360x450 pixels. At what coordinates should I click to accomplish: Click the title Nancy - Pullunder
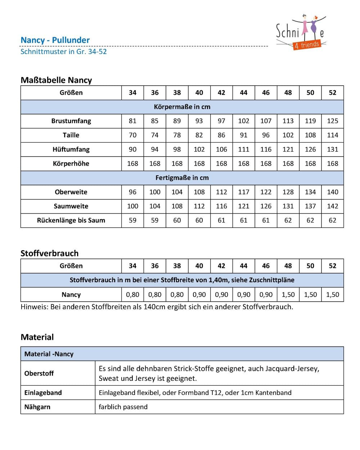tap(55, 40)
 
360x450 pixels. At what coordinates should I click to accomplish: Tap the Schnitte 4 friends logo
tap(301, 32)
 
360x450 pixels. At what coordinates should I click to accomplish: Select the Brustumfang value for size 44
tap(244, 121)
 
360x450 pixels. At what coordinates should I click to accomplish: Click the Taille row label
tap(71, 135)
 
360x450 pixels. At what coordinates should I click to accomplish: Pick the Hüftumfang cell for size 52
tap(332, 149)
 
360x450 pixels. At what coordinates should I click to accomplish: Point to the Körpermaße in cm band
tap(182, 107)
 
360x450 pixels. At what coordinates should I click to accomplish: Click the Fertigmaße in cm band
tap(182, 178)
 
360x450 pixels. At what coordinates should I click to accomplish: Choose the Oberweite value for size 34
tap(132, 192)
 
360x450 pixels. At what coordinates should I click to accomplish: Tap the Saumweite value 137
tap(310, 206)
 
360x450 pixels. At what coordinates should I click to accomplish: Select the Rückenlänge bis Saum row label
tap(71, 220)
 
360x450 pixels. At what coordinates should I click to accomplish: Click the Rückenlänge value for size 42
tap(221, 220)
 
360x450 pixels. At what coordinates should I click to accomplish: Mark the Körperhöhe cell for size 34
tap(132, 163)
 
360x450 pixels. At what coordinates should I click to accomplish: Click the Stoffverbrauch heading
tap(49, 253)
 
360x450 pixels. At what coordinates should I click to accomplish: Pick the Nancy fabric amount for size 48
tap(288, 294)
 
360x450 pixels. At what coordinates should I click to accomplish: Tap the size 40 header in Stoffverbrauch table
tap(199, 266)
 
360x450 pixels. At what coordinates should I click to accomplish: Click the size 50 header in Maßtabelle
tap(310, 93)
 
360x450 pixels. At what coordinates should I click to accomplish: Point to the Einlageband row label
tap(43, 393)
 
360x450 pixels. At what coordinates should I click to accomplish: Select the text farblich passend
tap(123, 407)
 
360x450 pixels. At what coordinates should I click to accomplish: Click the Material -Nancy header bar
tap(182, 354)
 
